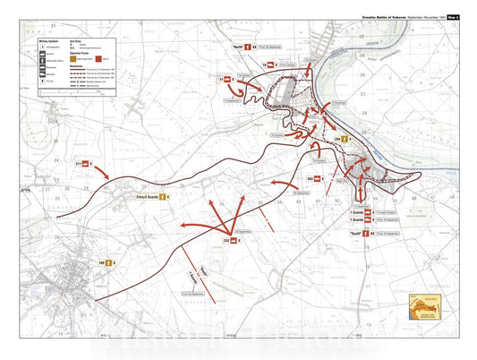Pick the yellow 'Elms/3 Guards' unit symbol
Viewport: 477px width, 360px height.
click(163, 197)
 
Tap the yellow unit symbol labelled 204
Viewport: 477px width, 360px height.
click(344, 140)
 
